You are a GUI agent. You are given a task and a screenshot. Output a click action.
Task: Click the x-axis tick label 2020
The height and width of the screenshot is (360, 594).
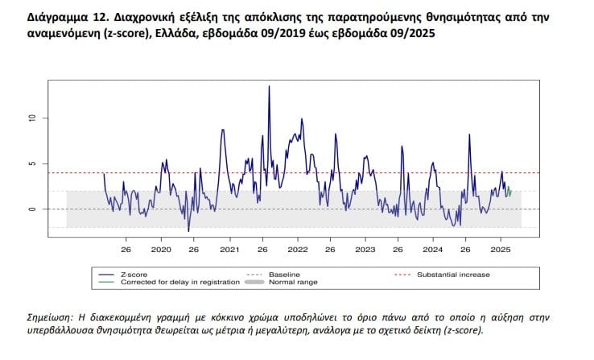click(160, 250)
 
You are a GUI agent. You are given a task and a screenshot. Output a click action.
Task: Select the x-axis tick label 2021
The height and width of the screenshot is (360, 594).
click(229, 250)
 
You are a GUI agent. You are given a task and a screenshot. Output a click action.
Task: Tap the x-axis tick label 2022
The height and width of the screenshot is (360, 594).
click(297, 250)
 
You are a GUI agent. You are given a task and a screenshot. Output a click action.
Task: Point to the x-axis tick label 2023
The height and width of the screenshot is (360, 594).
click(365, 250)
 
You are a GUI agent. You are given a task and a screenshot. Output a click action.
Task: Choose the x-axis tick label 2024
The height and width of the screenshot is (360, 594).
click(432, 250)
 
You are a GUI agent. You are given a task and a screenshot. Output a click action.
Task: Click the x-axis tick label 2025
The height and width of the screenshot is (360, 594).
click(501, 250)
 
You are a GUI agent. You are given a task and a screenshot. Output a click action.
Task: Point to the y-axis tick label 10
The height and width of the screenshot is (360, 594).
click(33, 118)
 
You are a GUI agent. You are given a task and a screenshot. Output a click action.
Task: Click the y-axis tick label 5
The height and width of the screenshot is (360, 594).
click(33, 163)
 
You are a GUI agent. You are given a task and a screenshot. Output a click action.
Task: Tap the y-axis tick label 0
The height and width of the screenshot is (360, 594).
click(33, 209)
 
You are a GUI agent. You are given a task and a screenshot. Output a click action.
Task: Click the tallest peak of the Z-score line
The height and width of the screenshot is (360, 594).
click(269, 87)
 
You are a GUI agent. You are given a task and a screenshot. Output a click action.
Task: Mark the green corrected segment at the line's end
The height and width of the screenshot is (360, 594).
click(509, 192)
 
